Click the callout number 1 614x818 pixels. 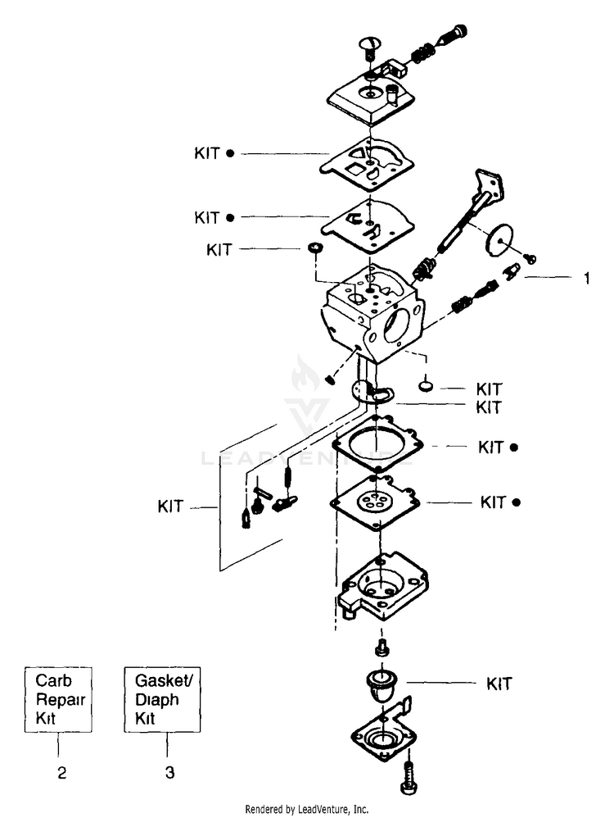587,278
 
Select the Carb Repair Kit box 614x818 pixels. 58,699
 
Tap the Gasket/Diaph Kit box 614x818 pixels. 162,699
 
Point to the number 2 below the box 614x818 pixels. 62,773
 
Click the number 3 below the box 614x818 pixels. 170,772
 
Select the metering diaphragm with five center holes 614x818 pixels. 375,502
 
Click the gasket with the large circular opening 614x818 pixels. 378,443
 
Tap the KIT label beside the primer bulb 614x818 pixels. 499,684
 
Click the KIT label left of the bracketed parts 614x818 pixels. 170,506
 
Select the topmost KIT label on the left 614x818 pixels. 207,153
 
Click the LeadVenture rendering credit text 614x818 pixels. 306,809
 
